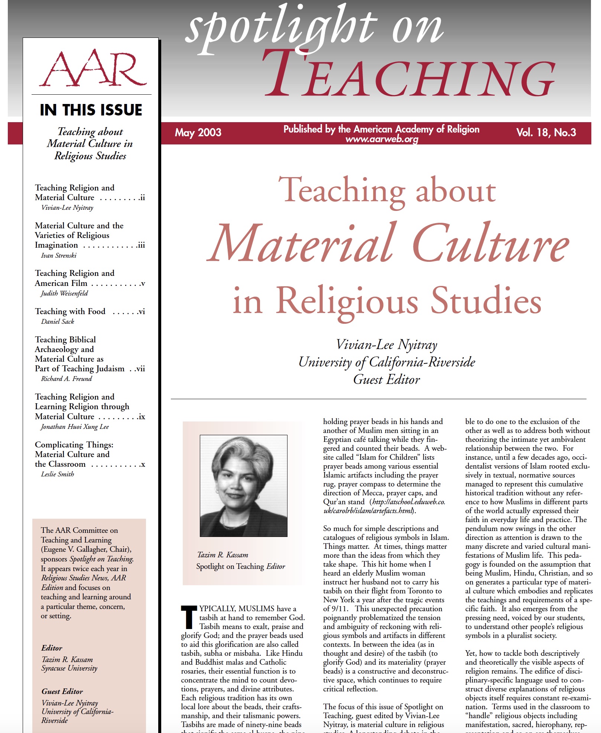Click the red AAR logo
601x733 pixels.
(92, 68)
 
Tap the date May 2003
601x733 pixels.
(198, 133)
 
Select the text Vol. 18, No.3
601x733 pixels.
(546, 133)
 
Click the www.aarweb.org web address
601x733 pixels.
(381, 139)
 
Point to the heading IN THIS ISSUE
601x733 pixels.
(91, 110)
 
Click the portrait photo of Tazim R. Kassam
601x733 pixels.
(243, 485)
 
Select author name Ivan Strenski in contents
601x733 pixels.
(59, 255)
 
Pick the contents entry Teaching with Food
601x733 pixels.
(70, 311)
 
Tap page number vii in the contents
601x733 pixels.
(140, 369)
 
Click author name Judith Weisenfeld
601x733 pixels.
(64, 293)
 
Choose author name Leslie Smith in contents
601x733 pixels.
(58, 474)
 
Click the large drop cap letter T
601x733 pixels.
(189, 617)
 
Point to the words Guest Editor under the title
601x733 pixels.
(386, 379)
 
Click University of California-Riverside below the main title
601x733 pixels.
(387, 362)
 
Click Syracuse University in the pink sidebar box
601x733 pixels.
(69, 668)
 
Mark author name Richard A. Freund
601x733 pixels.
(66, 379)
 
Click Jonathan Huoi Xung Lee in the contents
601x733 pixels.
(75, 427)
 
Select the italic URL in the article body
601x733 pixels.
(384, 506)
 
